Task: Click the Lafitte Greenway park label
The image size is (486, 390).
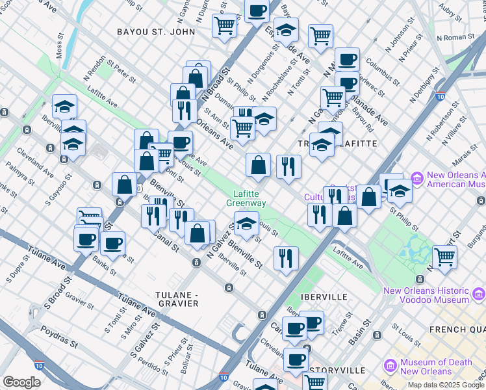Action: coord(247,198)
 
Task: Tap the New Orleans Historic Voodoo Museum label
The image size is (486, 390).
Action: coord(434,295)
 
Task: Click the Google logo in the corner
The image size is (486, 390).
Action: coord(21,382)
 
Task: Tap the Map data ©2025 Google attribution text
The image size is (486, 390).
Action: coord(446,385)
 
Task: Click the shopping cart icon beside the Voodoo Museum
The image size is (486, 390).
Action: coord(444,257)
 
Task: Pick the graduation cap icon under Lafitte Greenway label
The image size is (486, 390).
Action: coord(246,224)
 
